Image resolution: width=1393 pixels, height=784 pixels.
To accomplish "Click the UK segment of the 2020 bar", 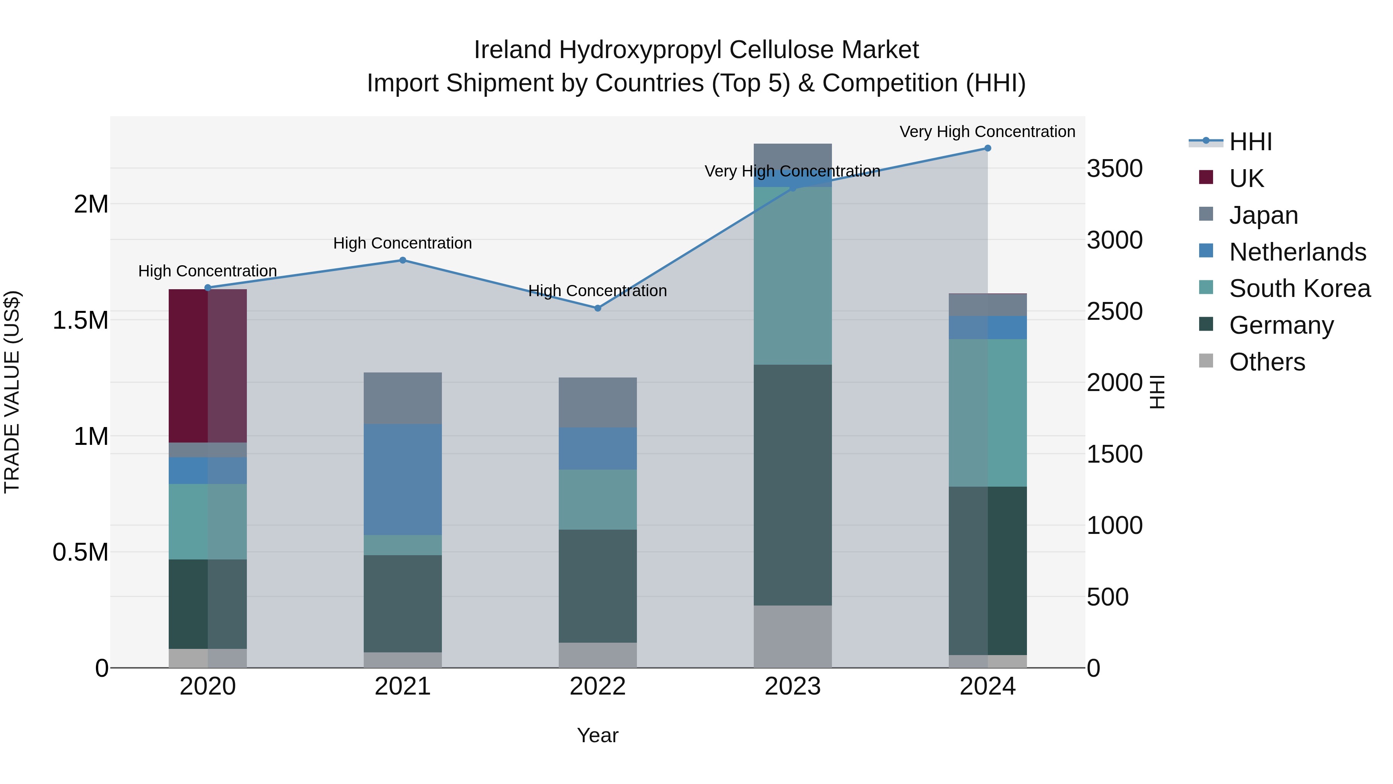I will click(208, 366).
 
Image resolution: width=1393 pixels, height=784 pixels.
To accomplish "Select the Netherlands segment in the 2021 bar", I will click(402, 479).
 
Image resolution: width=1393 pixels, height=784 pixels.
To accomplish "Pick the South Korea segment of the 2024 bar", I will click(987, 413).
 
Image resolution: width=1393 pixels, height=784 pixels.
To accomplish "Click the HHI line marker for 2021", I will click(402, 260).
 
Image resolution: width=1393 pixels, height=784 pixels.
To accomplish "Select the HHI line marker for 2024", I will click(987, 148).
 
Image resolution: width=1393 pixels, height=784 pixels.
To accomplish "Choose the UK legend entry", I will click(1246, 178).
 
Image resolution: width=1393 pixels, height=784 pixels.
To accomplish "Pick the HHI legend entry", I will click(1250, 142).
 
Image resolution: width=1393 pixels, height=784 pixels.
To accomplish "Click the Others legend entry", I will click(1266, 362).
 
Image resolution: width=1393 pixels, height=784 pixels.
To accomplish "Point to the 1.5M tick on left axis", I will click(80, 320).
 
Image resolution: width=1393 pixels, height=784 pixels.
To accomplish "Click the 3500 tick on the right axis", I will click(1114, 168).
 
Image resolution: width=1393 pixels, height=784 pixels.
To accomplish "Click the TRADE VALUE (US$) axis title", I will click(12, 392).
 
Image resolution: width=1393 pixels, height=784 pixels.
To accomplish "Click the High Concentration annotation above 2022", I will click(597, 291).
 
